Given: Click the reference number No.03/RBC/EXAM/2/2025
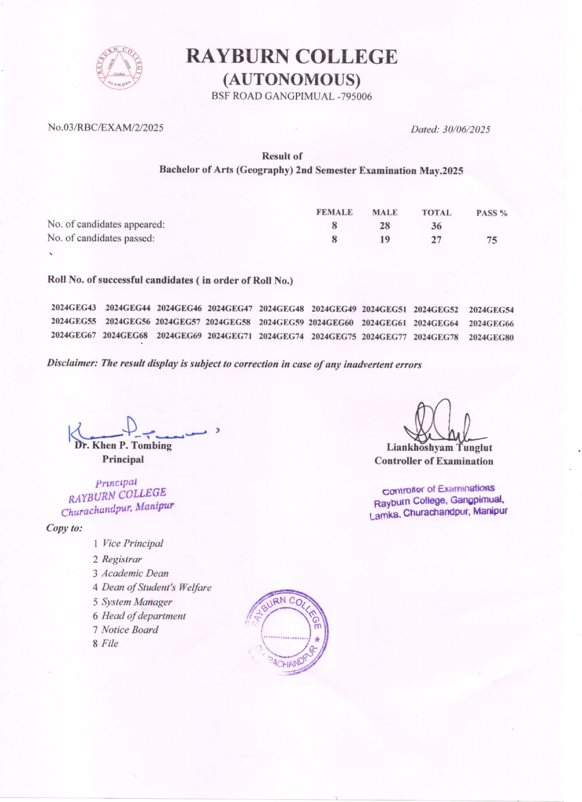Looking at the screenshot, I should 106,127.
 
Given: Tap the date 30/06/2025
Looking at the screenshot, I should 466,129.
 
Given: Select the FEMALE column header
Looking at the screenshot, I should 334,212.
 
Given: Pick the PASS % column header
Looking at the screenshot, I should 492,213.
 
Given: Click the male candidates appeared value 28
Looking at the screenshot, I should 385,226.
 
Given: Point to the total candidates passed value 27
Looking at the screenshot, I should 436,240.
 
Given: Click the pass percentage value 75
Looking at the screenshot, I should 492,240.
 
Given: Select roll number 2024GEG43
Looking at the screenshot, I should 74,308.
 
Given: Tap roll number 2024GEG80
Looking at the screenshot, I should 491,338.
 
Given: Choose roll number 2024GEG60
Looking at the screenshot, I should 331,323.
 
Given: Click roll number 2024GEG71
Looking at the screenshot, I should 229,336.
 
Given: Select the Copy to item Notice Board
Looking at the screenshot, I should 130,630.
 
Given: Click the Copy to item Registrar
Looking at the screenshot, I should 122,559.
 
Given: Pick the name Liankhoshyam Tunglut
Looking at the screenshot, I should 439,448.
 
